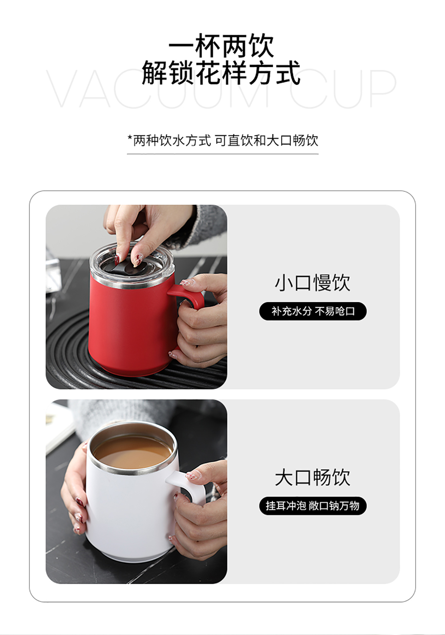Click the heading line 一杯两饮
coord(221,46)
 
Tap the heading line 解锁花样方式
coord(221,73)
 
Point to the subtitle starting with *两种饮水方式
coord(223,140)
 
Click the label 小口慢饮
coord(313,283)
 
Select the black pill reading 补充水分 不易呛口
coord(313,311)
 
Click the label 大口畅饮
coord(313,478)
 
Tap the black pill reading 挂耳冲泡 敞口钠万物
coord(313,506)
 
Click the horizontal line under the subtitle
coord(223,154)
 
